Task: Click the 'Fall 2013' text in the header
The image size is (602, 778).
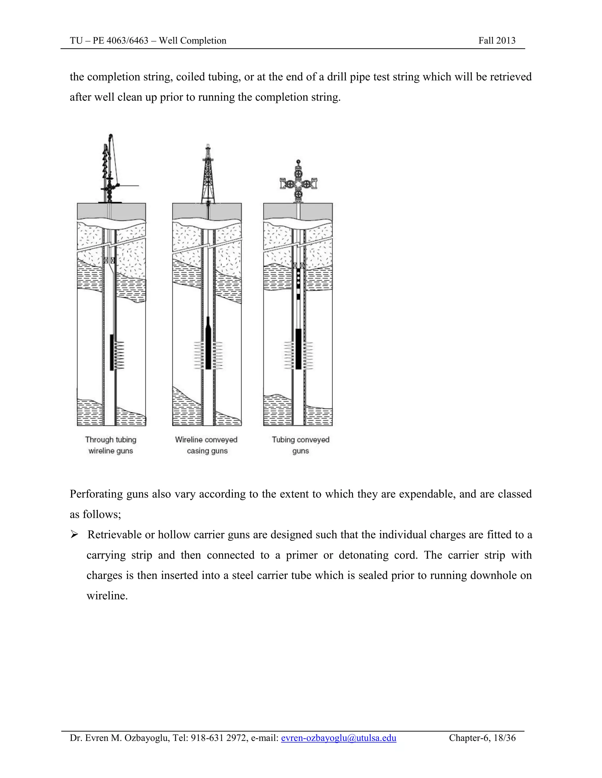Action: pyautogui.click(x=497, y=41)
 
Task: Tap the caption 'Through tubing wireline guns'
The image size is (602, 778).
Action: pyautogui.click(x=111, y=445)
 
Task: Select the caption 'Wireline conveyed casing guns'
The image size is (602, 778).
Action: pyautogui.click(x=206, y=445)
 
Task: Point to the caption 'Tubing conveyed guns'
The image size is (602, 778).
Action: pyautogui.click(x=300, y=445)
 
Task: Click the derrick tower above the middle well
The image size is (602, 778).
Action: pyautogui.click(x=208, y=175)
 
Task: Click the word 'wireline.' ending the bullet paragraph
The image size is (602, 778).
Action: pyautogui.click(x=107, y=596)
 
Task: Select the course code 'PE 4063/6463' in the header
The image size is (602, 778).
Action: pyautogui.click(x=121, y=41)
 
